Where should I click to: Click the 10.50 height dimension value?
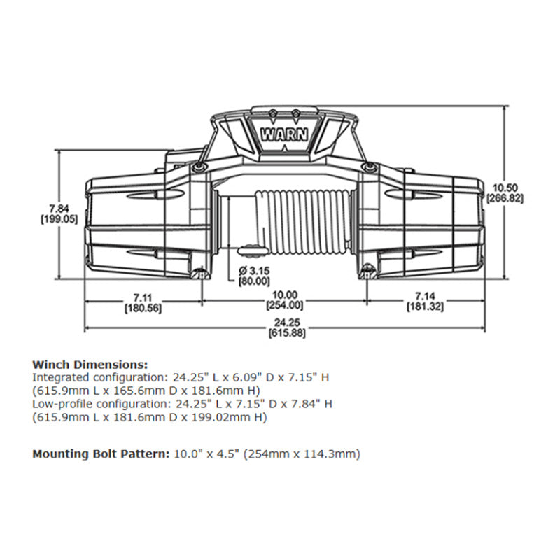coord(505,187)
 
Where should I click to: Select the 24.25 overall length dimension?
coord(285,323)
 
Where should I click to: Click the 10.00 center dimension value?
coord(285,295)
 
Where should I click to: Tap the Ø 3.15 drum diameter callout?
coord(253,271)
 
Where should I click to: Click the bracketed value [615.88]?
coord(285,333)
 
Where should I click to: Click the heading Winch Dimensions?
coord(90,365)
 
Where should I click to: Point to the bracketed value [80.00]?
coord(253,281)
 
